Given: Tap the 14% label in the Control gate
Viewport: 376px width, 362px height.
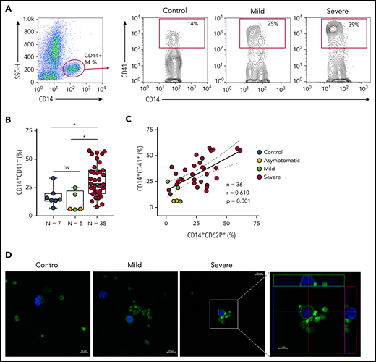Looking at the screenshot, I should [192, 25].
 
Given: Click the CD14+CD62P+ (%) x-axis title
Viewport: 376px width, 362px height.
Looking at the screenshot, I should [212, 236].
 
